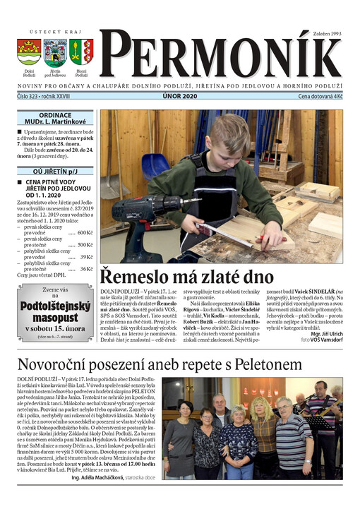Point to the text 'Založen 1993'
pos(328,33)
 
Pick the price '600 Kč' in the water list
pos(85,232)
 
